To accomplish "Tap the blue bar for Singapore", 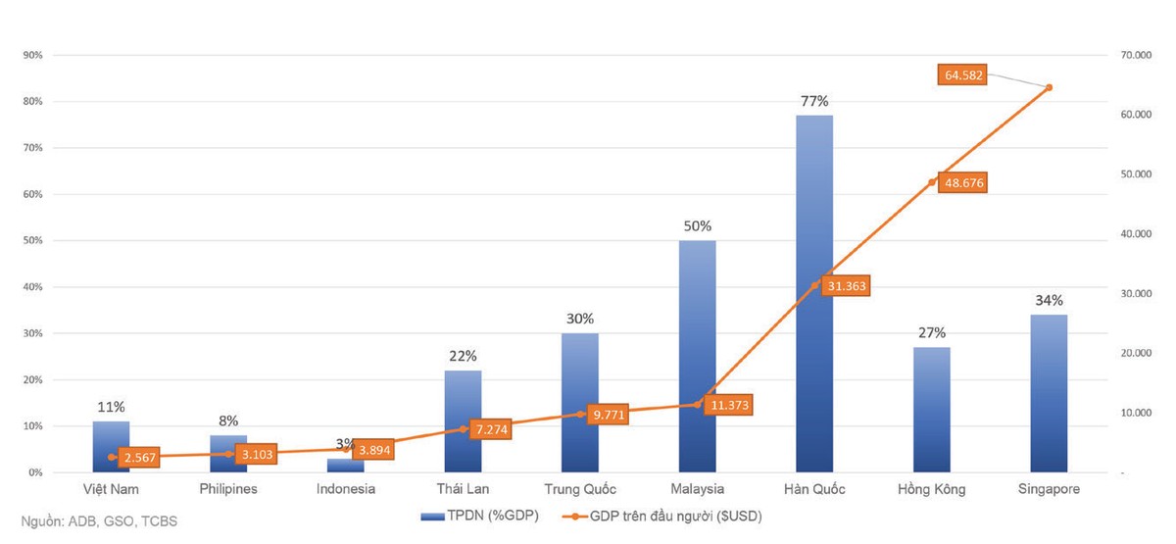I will click(1049, 392).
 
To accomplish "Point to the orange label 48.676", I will click(961, 183).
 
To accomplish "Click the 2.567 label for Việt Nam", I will click(140, 457).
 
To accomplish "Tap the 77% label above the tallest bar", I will click(814, 101).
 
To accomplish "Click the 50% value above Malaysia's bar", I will click(697, 225).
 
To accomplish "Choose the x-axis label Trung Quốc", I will click(579, 488).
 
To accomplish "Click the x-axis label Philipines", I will click(227, 488).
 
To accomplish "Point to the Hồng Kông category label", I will click(931, 488).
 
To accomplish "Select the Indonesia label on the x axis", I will click(345, 488).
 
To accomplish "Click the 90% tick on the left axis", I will click(32, 55).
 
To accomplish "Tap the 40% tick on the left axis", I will click(32, 287).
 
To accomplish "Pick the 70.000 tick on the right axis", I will click(1136, 56).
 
